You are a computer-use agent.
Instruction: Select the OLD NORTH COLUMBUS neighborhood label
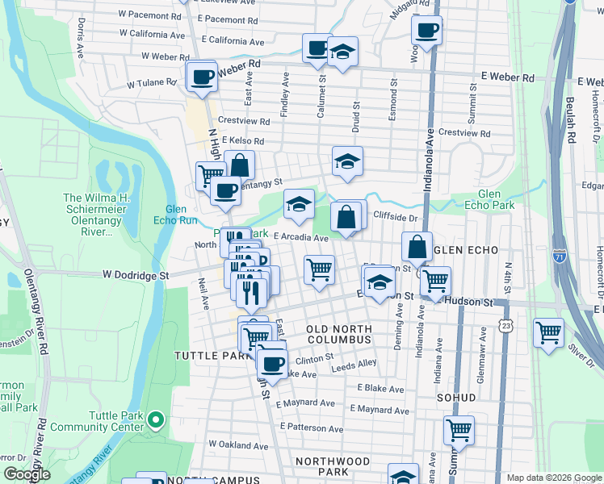[x=339, y=335]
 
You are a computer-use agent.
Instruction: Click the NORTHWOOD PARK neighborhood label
[x=332, y=467]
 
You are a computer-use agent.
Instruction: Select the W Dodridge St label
[x=135, y=275]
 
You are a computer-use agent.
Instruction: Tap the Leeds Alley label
[x=355, y=364]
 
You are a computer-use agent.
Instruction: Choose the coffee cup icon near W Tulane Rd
[x=202, y=77]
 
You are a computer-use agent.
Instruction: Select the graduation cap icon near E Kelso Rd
[x=347, y=161]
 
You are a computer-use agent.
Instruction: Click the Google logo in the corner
[x=27, y=474]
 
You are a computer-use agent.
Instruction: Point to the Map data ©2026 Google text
[x=553, y=478]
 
